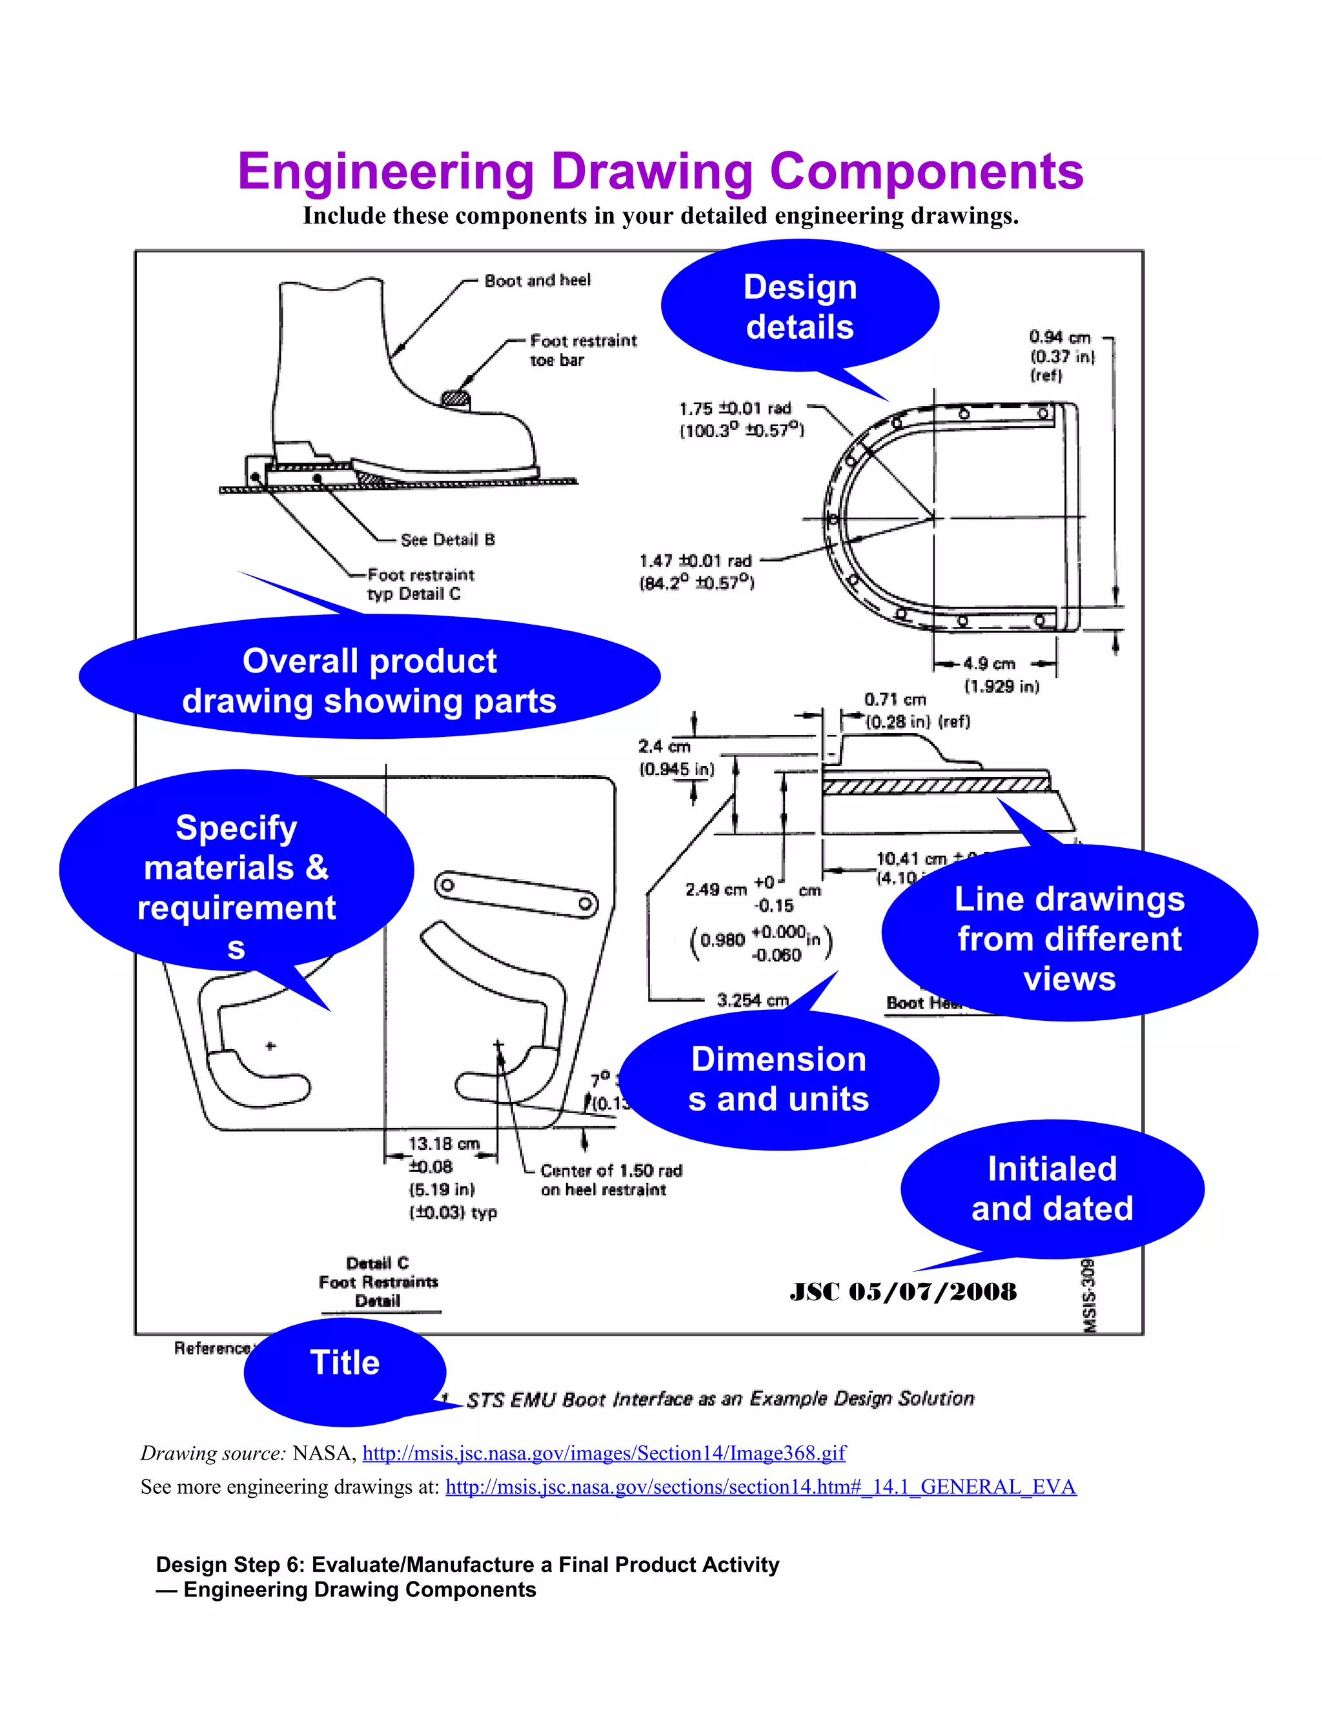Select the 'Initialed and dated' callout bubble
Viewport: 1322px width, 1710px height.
point(1052,1189)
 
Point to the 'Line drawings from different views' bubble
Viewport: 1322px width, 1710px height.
point(1069,938)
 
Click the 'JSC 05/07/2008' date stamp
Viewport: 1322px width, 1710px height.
point(903,1292)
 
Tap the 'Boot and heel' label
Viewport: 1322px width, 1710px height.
point(537,280)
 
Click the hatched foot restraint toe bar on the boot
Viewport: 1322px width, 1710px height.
point(456,399)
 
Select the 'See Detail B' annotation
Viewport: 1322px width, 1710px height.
point(447,539)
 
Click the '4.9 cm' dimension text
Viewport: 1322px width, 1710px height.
point(988,664)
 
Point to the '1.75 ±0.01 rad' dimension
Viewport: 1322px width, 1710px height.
point(735,408)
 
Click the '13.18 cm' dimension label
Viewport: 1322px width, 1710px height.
point(443,1144)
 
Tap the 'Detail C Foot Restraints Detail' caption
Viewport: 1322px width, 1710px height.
point(378,1282)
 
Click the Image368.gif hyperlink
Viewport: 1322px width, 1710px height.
point(604,1453)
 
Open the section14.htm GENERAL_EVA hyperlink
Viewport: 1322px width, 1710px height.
point(760,1487)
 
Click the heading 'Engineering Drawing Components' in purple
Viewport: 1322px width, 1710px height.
point(660,172)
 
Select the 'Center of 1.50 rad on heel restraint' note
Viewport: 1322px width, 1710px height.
point(610,1180)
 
